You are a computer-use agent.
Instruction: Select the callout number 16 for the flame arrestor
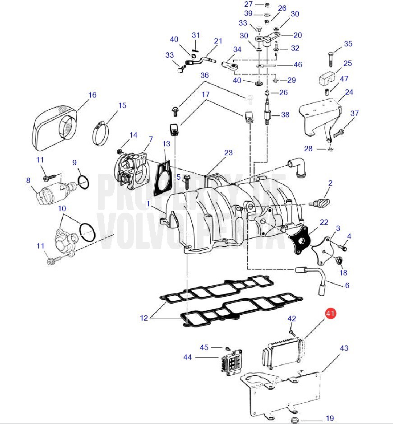click(92, 95)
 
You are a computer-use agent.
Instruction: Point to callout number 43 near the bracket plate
click(344, 348)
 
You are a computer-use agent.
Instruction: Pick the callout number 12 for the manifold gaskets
click(144, 318)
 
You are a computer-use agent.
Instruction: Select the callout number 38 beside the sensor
click(285, 115)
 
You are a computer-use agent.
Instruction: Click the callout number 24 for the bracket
click(349, 92)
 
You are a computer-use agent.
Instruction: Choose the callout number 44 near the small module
click(188, 357)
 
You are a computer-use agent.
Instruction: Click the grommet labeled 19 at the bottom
click(296, 421)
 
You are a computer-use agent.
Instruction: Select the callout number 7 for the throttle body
click(151, 139)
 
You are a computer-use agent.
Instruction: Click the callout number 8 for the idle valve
click(28, 180)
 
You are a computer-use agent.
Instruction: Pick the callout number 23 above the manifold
click(228, 153)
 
